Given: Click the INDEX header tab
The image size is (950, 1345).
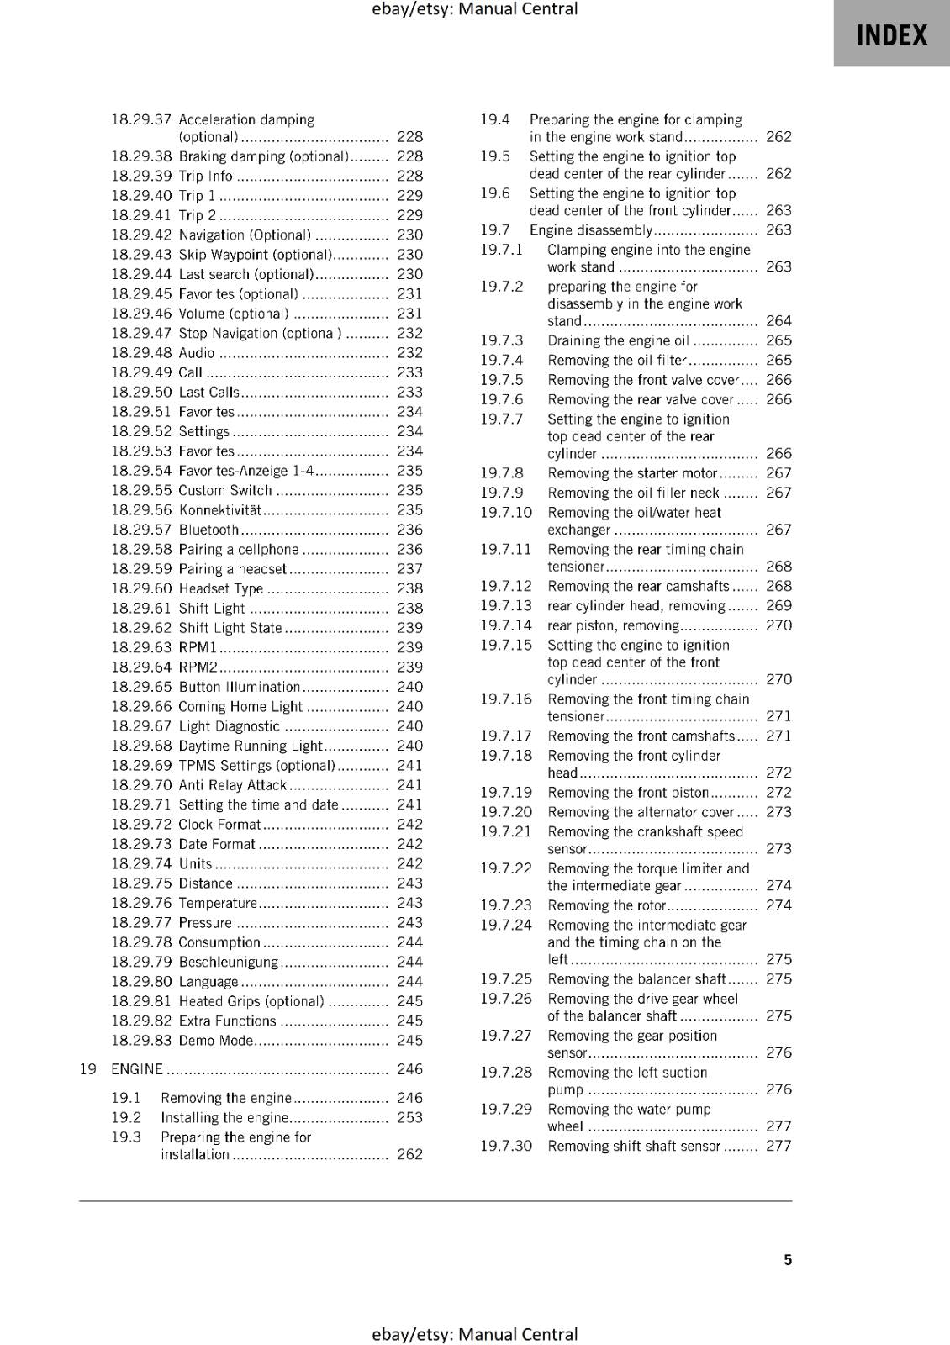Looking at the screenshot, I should [891, 35].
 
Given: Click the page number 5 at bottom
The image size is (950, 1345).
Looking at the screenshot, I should [788, 1259].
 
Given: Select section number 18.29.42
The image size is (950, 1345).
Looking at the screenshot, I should [141, 235].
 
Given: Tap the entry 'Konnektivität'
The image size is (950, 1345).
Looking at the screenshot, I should [219, 510].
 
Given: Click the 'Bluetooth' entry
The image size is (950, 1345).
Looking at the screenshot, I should [208, 530].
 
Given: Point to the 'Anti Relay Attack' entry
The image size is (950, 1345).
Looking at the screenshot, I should [233, 785].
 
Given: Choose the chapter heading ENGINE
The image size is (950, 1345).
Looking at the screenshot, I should [137, 1069].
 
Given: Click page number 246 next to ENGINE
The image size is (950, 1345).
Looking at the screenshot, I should [409, 1069].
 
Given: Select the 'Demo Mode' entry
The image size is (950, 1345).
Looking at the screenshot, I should [215, 1041].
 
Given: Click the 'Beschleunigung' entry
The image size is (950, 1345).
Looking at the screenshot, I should [228, 962].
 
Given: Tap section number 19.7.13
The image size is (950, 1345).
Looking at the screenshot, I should [506, 606].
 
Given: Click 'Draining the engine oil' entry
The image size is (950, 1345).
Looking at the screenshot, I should [618, 340].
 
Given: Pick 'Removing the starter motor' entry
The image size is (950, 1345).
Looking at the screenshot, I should [632, 473].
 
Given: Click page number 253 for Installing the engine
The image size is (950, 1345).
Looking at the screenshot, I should [409, 1117].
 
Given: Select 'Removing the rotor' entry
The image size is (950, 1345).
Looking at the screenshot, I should [606, 905].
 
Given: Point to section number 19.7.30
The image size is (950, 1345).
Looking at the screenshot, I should [506, 1146].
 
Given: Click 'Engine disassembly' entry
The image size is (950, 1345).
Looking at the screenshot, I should [590, 230].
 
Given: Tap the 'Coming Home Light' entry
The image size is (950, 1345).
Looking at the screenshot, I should [240, 707].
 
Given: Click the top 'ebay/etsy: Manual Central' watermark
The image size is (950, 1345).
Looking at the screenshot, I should [474, 9].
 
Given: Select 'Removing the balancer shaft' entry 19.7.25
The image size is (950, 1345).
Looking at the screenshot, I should [636, 979].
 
